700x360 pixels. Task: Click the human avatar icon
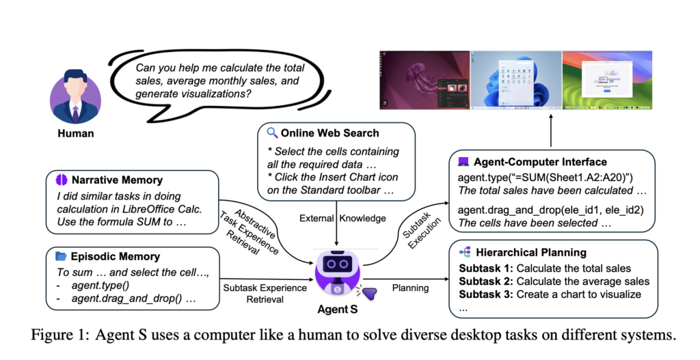[75, 96]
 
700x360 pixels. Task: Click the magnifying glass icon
[272, 133]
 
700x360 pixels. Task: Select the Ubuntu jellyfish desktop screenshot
[425, 80]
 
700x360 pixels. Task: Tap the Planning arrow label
[410, 288]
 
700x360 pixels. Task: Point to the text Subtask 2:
[485, 281]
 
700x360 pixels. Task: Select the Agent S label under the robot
[337, 308]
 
